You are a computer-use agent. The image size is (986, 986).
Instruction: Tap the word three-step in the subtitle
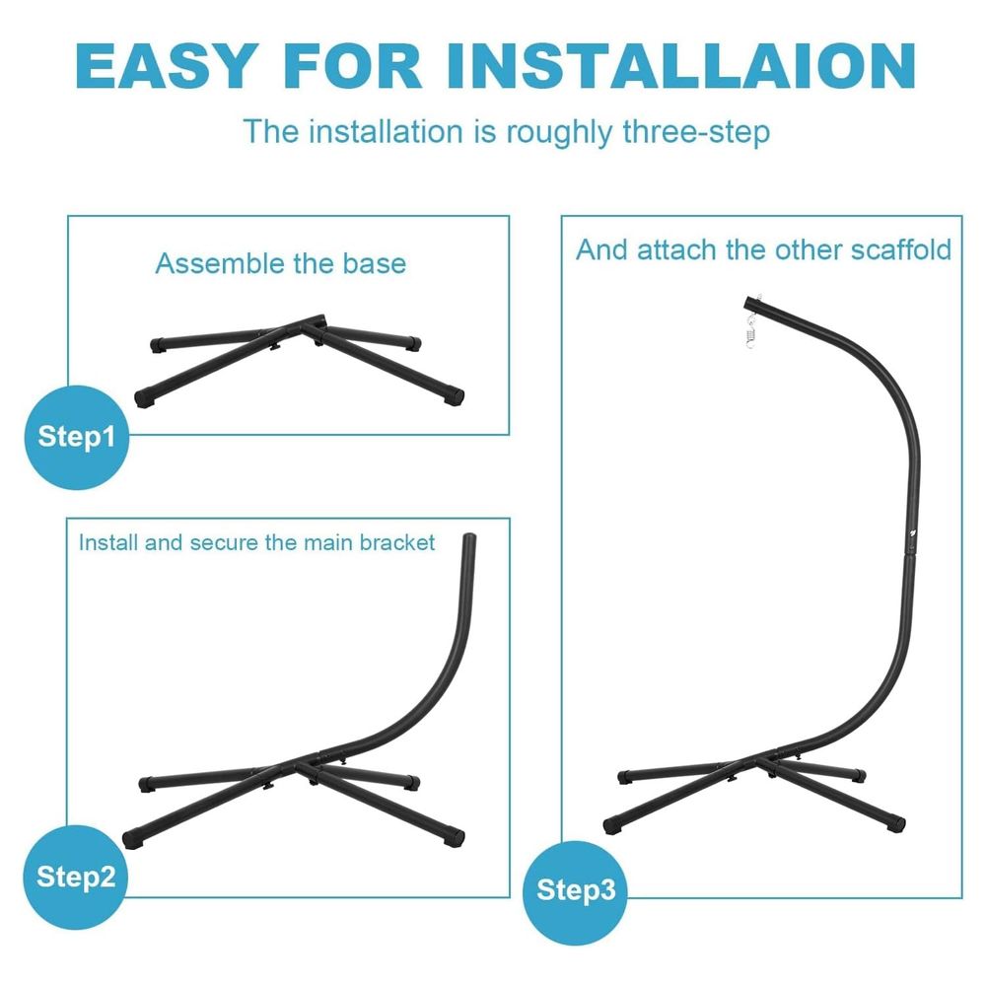(696, 133)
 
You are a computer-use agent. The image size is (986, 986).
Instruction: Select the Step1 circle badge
(77, 437)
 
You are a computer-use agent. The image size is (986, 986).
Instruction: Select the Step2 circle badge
(76, 877)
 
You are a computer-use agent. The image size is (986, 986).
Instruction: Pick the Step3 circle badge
(576, 891)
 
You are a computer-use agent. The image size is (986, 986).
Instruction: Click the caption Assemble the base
(280, 263)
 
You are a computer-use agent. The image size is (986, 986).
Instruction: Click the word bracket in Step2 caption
(396, 542)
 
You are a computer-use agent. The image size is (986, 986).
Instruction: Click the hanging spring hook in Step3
(750, 329)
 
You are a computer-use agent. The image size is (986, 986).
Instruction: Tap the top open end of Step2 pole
(469, 537)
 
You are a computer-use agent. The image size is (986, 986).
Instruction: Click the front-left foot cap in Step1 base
(144, 398)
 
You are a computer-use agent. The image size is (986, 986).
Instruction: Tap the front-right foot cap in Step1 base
(454, 396)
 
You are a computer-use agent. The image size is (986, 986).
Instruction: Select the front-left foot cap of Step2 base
(132, 839)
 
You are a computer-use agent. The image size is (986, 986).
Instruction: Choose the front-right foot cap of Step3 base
(895, 823)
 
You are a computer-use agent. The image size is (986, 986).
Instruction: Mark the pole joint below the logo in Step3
(910, 554)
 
